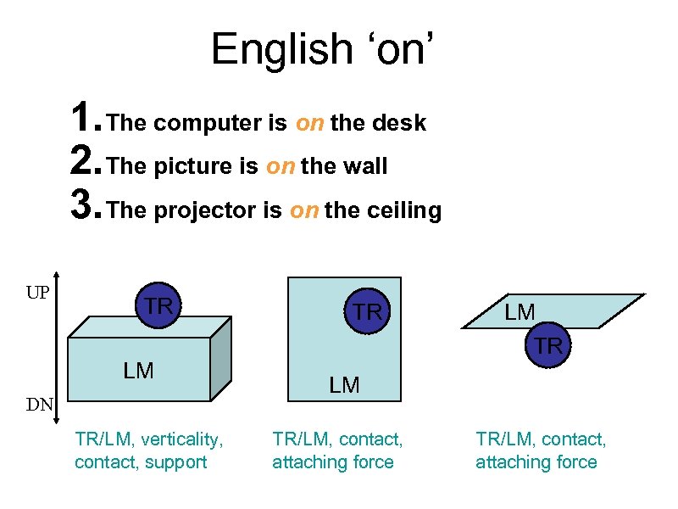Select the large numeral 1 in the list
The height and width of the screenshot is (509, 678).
[81, 120]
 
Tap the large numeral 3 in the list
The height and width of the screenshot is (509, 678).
[81, 206]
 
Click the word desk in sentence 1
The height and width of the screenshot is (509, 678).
[398, 124]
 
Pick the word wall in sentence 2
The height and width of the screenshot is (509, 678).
[365, 167]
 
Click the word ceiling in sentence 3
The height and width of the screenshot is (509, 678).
[405, 210]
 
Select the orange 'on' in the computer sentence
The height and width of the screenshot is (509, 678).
[309, 124]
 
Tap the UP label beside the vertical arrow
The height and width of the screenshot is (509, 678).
[36, 294]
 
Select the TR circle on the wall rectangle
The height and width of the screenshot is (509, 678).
[368, 311]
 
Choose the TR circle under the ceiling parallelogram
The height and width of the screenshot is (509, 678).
[548, 345]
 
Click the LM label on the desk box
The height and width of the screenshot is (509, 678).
[138, 370]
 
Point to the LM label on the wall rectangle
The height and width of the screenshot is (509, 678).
[344, 385]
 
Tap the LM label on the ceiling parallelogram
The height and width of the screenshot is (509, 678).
[520, 312]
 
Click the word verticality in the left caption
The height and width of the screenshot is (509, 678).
[181, 439]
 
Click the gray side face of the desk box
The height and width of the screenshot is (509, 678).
[220, 361]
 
